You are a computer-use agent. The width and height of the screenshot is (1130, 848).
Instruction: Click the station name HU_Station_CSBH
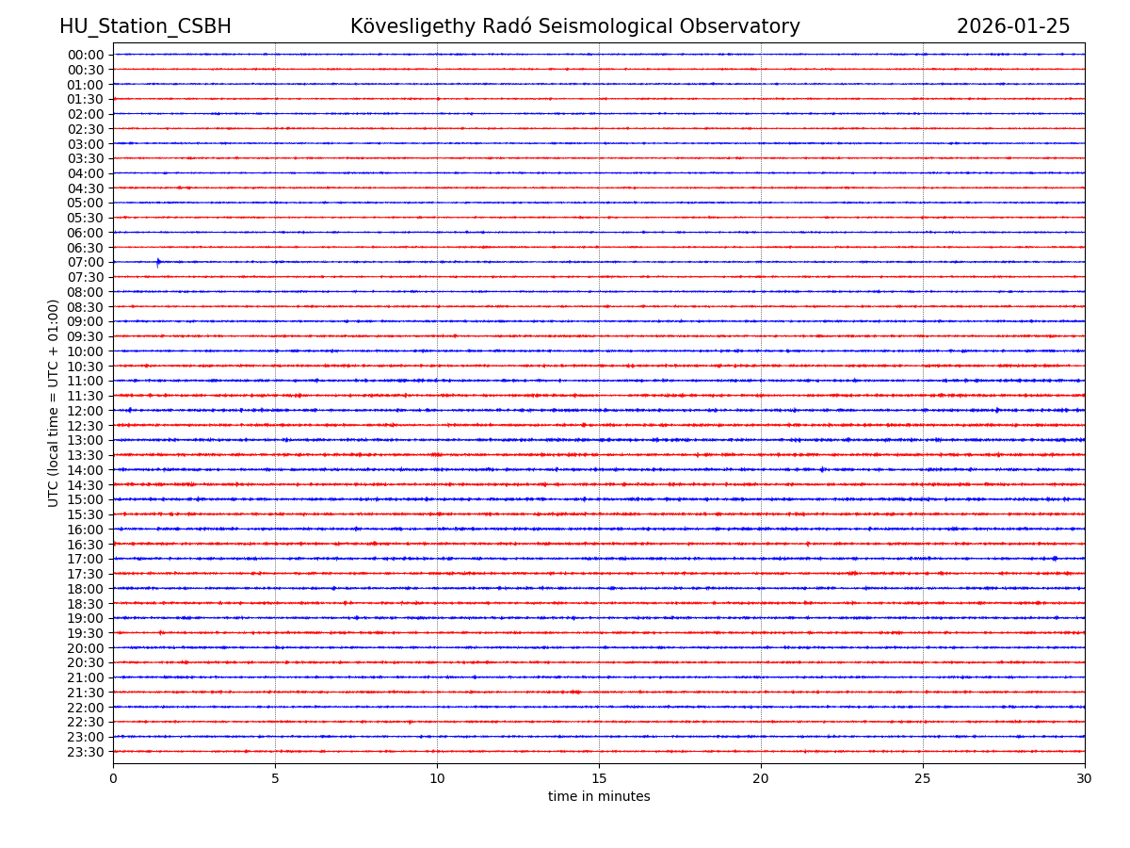[145, 26]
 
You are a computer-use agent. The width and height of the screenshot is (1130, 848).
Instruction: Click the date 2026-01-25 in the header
[1013, 26]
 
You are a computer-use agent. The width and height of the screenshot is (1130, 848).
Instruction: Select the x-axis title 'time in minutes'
[599, 797]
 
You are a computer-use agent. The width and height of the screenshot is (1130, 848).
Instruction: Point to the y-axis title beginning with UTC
[54, 402]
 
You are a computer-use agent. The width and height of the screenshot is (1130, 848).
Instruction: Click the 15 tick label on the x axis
[599, 779]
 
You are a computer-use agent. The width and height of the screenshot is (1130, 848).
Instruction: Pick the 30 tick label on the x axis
[1085, 779]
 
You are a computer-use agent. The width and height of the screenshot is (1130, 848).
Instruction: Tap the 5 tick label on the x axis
[275, 779]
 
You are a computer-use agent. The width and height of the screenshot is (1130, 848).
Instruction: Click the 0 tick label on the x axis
[113, 779]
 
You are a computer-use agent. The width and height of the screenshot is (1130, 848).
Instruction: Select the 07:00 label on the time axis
[86, 262]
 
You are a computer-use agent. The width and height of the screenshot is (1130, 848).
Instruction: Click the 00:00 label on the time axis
[86, 55]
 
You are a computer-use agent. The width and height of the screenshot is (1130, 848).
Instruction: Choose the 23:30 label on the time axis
[86, 752]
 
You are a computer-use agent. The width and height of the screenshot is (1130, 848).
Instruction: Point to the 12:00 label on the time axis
[86, 411]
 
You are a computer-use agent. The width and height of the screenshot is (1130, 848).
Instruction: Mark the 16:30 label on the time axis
[86, 544]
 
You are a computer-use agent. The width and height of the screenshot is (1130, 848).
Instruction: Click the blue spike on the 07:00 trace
[158, 262]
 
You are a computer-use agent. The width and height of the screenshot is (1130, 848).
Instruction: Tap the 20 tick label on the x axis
[761, 779]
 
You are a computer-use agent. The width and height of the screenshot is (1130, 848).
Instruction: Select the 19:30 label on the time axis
[86, 633]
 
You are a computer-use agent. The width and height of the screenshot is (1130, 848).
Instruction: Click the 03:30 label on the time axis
[86, 158]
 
